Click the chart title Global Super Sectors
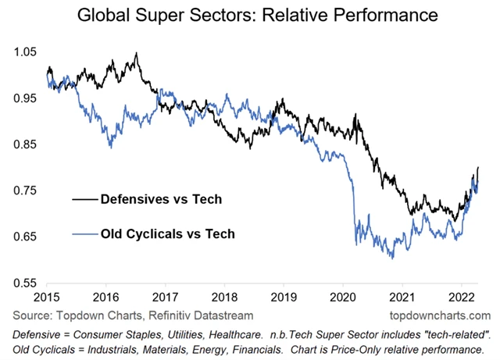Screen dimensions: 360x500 (250, 15)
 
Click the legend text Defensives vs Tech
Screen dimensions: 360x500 (161, 200)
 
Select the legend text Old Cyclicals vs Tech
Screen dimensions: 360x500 (167, 233)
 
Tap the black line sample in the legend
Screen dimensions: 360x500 (85, 200)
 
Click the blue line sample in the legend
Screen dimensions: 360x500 (85, 233)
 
